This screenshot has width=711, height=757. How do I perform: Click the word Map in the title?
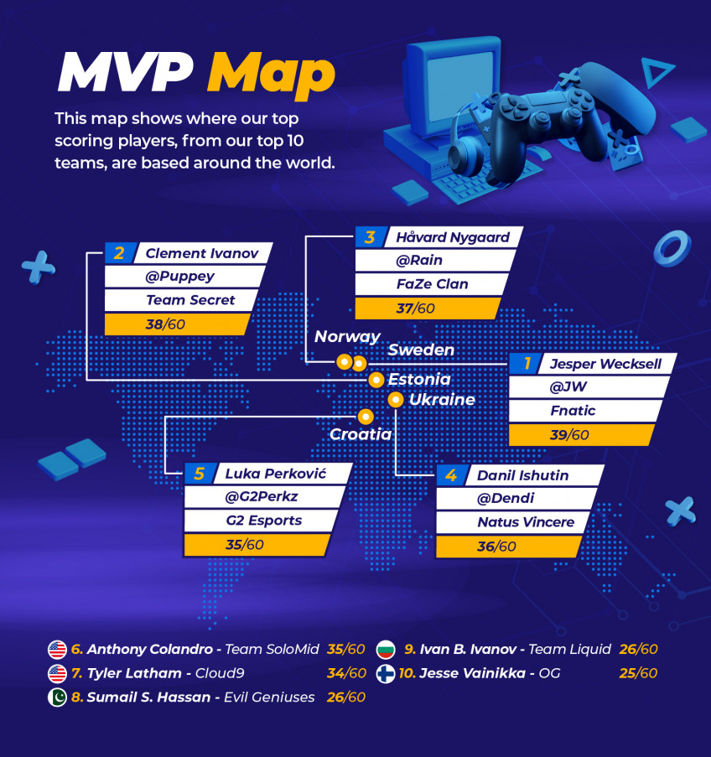tap(271, 74)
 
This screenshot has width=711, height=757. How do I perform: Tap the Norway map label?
tap(347, 336)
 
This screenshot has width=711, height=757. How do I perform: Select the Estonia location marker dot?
tap(376, 380)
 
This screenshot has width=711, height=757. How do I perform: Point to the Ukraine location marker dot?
tap(396, 400)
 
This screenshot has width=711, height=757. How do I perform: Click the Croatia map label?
tap(361, 434)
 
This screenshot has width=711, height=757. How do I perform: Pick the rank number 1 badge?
tap(526, 363)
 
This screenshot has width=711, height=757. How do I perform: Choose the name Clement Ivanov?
tap(202, 253)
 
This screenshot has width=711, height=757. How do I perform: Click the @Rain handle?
tap(418, 260)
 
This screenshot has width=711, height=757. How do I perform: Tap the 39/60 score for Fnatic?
tap(569, 435)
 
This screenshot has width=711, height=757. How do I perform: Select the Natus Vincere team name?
tap(526, 522)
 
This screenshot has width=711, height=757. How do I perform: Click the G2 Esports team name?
tap(264, 521)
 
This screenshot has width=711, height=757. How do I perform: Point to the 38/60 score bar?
tap(177, 324)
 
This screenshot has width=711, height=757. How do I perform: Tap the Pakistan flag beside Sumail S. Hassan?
tap(57, 697)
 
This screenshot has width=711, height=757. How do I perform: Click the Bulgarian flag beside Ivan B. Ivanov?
tap(386, 650)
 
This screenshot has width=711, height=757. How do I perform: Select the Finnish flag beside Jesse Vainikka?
tap(386, 673)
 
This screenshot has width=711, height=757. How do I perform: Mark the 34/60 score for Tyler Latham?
tap(346, 673)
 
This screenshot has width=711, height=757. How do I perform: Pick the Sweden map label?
tap(421, 350)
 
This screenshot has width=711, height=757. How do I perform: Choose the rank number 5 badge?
tap(200, 474)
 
